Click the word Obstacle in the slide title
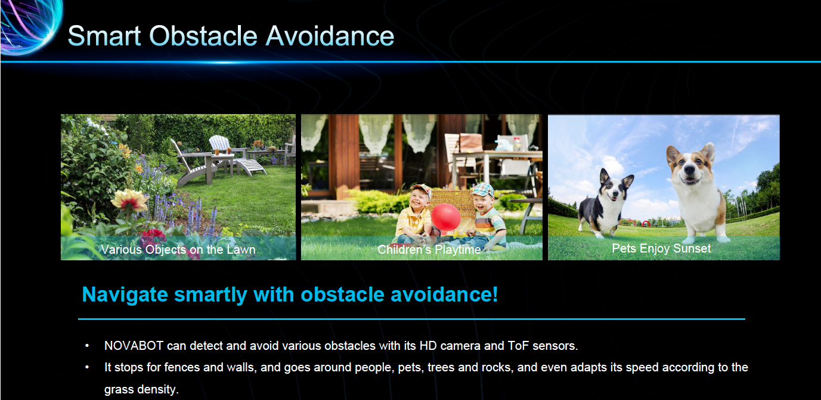pos(203,36)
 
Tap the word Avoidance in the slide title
pos(330,36)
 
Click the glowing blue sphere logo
pos(30,26)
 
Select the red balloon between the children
pos(446,217)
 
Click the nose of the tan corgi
pos(689,170)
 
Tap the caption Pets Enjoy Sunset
pos(661,248)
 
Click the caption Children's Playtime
pos(429,250)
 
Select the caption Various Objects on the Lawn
pos(178,250)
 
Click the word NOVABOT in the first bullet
pos(134,346)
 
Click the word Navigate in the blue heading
pos(125,295)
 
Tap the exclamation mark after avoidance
pos(494,294)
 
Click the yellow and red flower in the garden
pos(129,201)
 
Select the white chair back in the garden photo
pos(219,143)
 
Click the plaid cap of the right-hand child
pos(483,190)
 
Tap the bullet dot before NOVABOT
pos(87,346)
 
